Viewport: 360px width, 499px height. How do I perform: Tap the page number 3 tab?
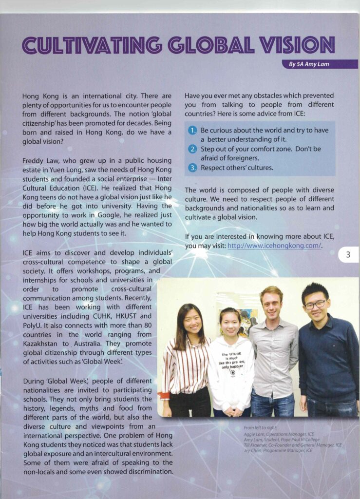pos(348,254)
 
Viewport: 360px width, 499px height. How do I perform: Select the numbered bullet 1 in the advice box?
pos(193,130)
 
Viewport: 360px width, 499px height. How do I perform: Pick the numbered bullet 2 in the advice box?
pos(193,149)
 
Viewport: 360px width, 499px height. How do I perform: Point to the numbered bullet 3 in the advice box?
pos(193,168)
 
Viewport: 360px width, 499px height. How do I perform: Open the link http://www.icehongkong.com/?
pos(274,246)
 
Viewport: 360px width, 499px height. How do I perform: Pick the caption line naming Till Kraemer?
pos(292,445)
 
